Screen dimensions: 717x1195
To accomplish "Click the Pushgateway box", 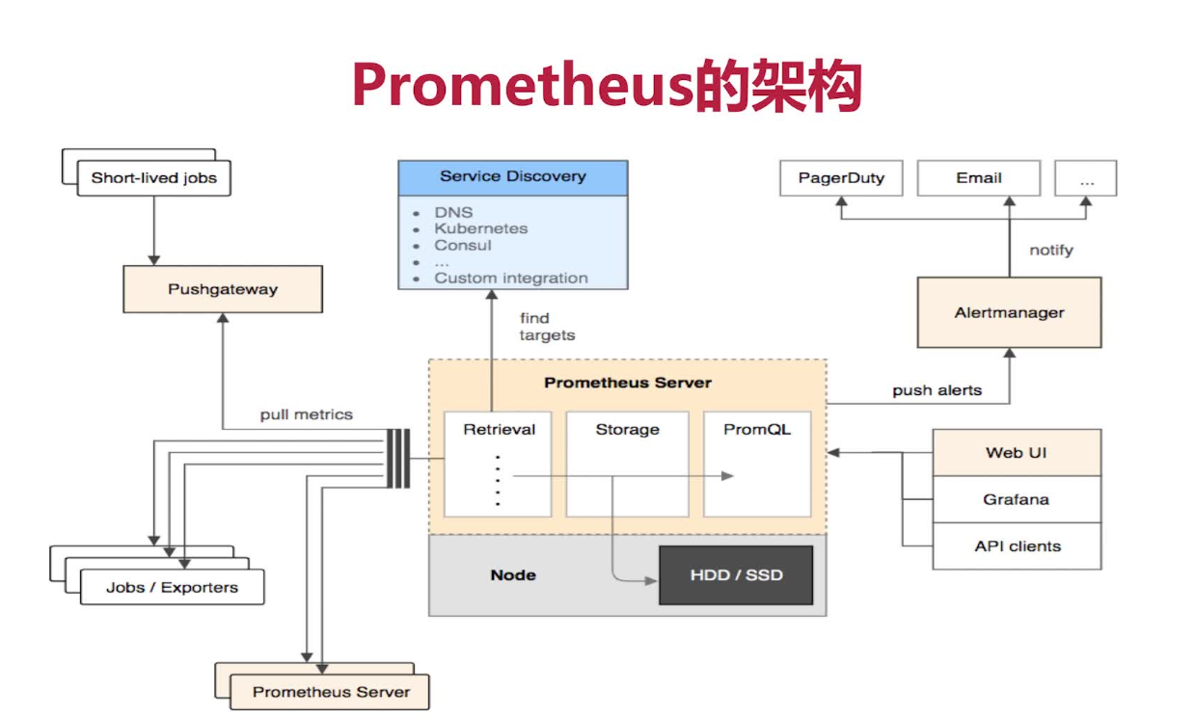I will (x=222, y=289).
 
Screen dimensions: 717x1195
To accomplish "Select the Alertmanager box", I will (x=1009, y=312).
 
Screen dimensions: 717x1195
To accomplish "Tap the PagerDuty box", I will (x=841, y=178).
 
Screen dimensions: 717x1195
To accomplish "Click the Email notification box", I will (x=978, y=178).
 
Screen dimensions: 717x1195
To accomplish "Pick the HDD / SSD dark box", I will (x=736, y=575).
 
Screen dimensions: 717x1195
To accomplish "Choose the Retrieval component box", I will (x=499, y=463).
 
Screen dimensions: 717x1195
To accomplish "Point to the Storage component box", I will (x=627, y=463).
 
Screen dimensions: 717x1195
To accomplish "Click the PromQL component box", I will (x=757, y=463).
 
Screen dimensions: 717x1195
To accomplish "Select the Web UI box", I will (x=1016, y=453).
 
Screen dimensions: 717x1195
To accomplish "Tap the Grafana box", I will (x=1016, y=499).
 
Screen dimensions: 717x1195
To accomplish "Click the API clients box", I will (x=1016, y=546).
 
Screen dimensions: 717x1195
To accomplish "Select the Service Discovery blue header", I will (x=512, y=177).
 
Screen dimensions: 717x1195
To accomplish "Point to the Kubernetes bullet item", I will (x=480, y=229).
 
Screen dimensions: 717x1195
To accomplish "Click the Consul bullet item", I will (x=462, y=246).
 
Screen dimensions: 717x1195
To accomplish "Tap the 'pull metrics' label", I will (x=306, y=415).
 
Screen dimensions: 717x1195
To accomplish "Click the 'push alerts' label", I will (x=937, y=390).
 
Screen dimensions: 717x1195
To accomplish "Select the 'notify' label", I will (x=1050, y=251).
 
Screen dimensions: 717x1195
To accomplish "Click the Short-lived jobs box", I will (x=153, y=178).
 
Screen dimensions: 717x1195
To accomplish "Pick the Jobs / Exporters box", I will (x=172, y=588).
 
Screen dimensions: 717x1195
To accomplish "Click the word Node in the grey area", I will (x=513, y=575).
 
